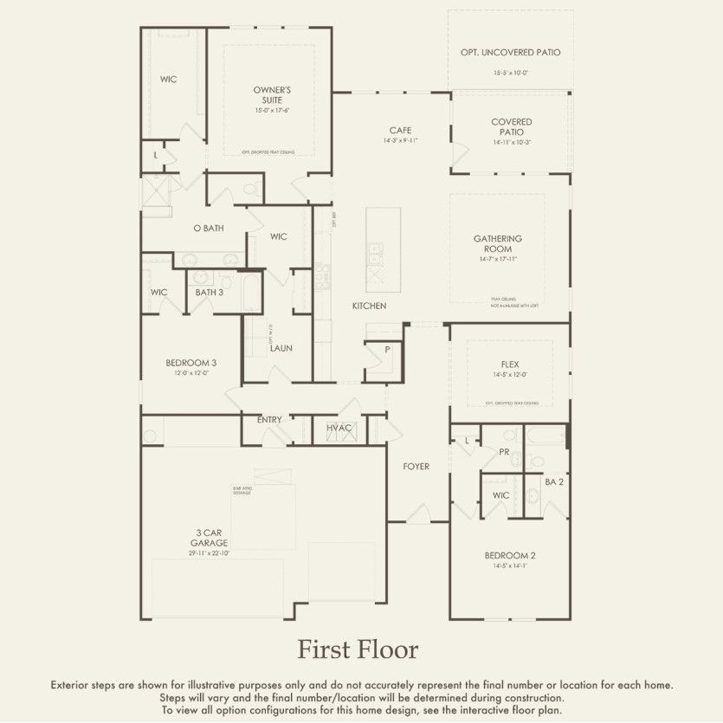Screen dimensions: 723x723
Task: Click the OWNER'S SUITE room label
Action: (x=272, y=94)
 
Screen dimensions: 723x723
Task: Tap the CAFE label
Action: (x=400, y=131)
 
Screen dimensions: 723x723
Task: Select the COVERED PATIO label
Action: (x=511, y=127)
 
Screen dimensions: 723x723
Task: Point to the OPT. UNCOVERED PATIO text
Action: (x=511, y=53)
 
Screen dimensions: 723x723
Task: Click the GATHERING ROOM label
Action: (x=497, y=243)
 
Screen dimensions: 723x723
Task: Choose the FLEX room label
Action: (x=510, y=365)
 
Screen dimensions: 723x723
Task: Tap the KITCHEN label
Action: (x=369, y=307)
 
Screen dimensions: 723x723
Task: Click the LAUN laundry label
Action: (x=281, y=348)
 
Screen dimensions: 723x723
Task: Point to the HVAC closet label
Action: (x=339, y=428)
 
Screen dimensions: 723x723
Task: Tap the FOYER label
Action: (x=416, y=467)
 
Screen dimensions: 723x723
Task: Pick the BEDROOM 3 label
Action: (x=191, y=363)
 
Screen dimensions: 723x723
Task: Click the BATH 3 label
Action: (x=209, y=293)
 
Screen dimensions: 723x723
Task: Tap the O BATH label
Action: (x=208, y=229)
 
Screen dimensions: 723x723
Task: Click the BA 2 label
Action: (x=554, y=481)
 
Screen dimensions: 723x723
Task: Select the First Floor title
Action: (x=358, y=649)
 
